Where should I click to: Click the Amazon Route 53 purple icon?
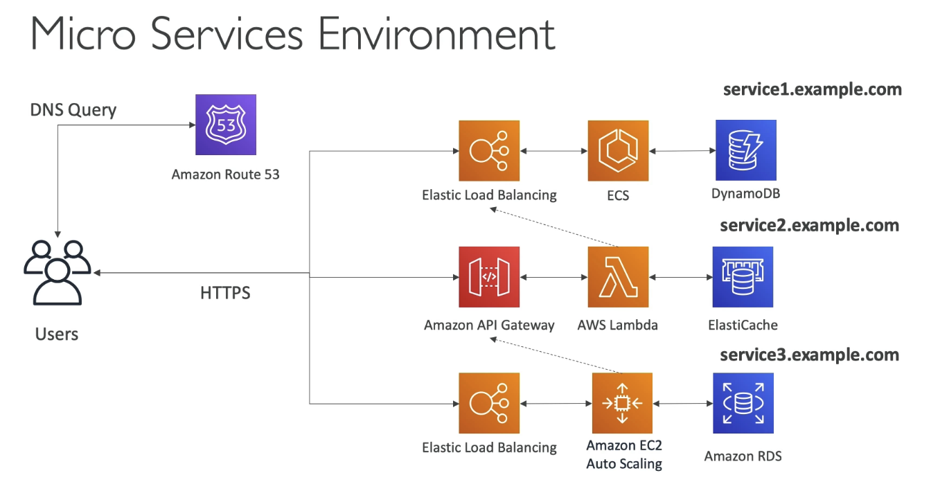(226, 125)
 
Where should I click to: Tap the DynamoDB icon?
(745, 150)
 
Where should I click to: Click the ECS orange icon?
(618, 150)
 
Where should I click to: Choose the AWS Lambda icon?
(618, 277)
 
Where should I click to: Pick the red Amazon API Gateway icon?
(489, 277)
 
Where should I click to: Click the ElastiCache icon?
(743, 277)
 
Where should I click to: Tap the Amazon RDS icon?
(743, 403)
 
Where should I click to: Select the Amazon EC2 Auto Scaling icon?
(622, 403)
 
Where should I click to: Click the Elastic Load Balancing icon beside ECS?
(489, 150)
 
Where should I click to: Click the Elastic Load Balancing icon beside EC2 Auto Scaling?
(489, 403)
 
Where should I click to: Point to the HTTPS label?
(225, 293)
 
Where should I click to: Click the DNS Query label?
(73, 109)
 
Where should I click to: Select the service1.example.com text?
(812, 89)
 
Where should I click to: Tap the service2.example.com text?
(809, 225)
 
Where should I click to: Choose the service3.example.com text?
(809, 355)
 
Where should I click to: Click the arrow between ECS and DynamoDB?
(682, 150)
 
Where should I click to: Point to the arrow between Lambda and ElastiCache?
(680, 277)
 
